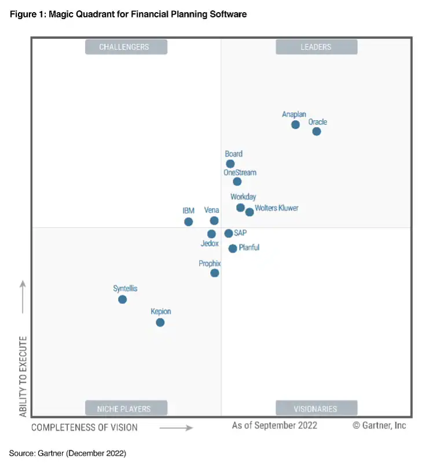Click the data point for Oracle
(316, 131)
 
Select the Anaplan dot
(295, 124)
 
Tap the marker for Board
(230, 164)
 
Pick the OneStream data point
(237, 181)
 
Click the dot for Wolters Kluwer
(250, 212)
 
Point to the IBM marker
(188, 222)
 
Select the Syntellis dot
(122, 299)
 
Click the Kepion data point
(160, 322)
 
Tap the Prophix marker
(215, 273)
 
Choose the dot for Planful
(233, 249)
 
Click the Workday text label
(243, 197)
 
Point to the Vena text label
(211, 210)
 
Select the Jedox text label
(210, 244)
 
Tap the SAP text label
(240, 233)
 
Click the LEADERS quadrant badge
(316, 47)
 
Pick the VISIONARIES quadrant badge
(316, 409)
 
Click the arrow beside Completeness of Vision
(176, 428)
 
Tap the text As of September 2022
(274, 425)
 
